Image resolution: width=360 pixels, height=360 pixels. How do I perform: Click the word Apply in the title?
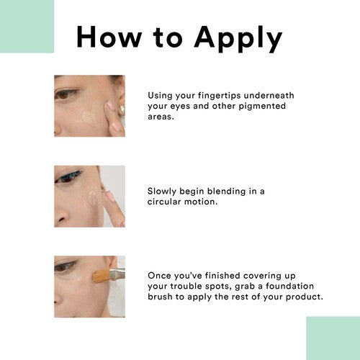pyautogui.click(x=238, y=38)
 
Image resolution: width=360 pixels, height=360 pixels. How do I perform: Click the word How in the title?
pyautogui.click(x=109, y=37)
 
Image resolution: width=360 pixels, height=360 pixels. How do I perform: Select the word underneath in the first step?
pyautogui.click(x=269, y=95)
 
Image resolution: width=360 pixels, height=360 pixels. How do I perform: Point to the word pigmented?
pyautogui.click(x=262, y=107)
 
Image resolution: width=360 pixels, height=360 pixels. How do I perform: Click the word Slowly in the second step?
pyautogui.click(x=162, y=192)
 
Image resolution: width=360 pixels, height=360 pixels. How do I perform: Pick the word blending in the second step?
pyautogui.click(x=226, y=192)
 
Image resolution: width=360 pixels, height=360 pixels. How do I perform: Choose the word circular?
pyautogui.click(x=164, y=202)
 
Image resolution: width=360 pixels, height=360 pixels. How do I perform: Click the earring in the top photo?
pyautogui.click(x=122, y=109)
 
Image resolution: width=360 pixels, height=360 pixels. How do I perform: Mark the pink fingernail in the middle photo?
pyautogui.click(x=109, y=197)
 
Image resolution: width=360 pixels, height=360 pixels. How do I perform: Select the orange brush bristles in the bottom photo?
pyautogui.click(x=101, y=276)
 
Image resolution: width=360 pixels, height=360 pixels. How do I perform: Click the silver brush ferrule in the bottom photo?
pyautogui.click(x=117, y=274)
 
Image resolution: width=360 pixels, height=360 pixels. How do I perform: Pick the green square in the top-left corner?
pyautogui.click(x=27, y=27)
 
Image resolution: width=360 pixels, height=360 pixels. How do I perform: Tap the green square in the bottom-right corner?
pyautogui.click(x=333, y=338)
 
